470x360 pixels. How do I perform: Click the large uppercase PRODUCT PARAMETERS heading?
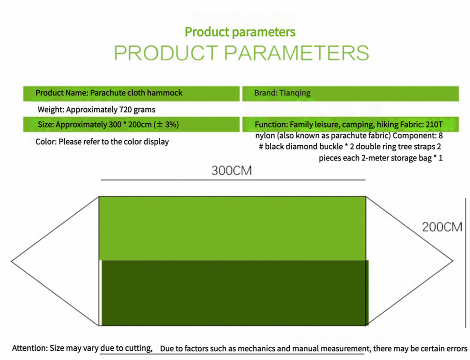[241, 53]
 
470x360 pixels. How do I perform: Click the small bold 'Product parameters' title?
[240, 32]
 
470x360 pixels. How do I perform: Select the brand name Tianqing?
[295, 93]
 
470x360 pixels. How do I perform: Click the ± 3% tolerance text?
[166, 125]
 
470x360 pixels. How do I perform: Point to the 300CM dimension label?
[232, 171]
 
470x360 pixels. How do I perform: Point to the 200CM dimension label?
[442, 227]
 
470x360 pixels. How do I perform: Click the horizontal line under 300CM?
[233, 180]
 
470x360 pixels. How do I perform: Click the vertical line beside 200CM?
[466, 262]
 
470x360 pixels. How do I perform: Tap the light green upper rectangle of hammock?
[232, 228]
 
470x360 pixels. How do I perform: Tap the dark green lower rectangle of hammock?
[235, 293]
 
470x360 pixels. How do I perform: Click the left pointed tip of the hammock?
[11, 261]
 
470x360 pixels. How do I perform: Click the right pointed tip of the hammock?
[452, 261]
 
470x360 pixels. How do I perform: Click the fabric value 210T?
[434, 125]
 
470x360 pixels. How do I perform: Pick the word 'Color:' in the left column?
[46, 142]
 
